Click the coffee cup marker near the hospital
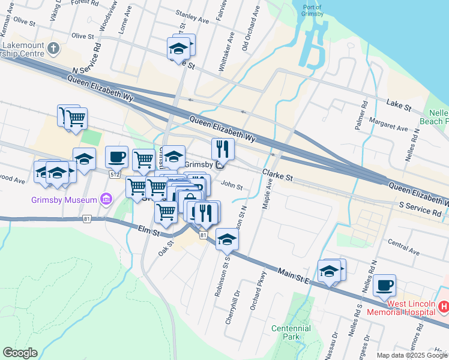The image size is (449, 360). tap(384, 285)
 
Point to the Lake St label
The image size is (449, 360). tap(399, 107)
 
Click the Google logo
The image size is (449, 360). tap(20, 353)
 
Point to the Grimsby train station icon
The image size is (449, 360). tap(220, 164)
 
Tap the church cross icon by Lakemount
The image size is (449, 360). tap(53, 48)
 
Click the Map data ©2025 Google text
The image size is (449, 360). tap(412, 355)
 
